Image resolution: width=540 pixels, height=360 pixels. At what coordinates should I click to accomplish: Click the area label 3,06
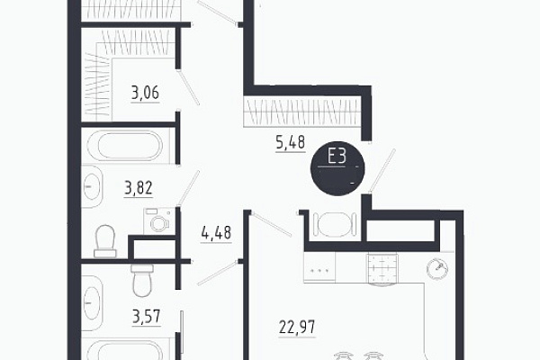(x=145, y=93)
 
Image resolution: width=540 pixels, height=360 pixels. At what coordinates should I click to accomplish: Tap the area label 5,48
(x=291, y=142)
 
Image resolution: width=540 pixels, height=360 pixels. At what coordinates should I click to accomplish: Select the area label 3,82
(x=139, y=188)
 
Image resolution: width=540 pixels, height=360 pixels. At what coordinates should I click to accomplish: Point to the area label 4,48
(x=216, y=233)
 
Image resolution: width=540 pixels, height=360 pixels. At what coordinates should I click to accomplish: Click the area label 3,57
(x=147, y=317)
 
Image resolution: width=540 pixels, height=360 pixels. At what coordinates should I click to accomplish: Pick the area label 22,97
(x=297, y=327)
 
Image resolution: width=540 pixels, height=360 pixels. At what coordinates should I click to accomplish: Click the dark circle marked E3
(x=337, y=168)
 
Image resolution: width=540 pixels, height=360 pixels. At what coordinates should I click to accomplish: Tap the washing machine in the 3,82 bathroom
(x=159, y=221)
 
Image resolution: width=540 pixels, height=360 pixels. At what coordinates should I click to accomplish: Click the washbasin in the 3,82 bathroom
(x=91, y=186)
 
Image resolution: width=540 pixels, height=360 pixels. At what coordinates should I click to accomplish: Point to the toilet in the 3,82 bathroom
(x=105, y=242)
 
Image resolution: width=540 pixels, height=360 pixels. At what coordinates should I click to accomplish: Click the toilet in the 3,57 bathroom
(x=142, y=280)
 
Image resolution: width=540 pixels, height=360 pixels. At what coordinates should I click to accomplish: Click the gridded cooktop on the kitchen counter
(x=382, y=268)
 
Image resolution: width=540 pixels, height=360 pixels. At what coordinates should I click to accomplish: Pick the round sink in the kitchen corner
(x=437, y=268)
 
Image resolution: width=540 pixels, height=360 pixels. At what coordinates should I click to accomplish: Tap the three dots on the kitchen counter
(x=319, y=270)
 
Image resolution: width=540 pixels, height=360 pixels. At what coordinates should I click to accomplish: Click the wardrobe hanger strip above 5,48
(x=302, y=112)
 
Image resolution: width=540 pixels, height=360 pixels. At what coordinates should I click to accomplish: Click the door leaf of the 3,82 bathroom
(x=189, y=188)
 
